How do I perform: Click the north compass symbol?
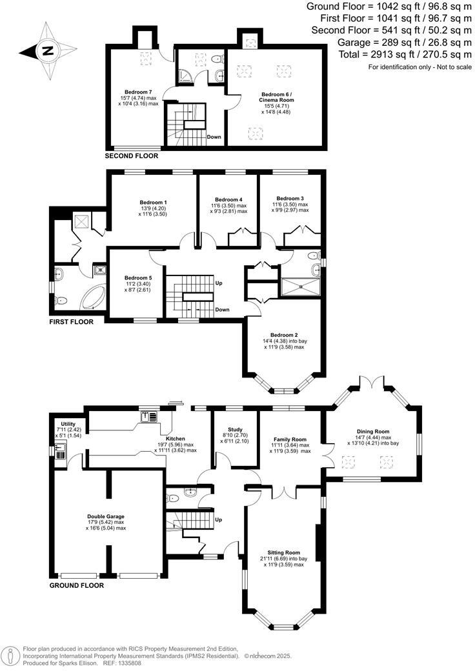[46, 50]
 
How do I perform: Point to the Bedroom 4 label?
[228, 199]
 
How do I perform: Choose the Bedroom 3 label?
[290, 198]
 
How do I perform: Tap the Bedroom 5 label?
[137, 278]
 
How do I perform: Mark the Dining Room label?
[374, 432]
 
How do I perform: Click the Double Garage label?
[106, 516]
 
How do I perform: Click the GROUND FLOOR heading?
[76, 586]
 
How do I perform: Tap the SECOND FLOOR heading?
[131, 156]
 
